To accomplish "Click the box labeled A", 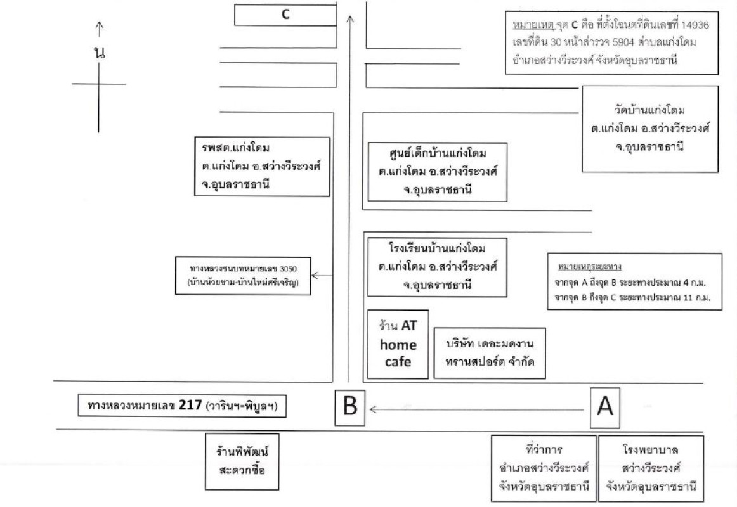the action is click(605, 408).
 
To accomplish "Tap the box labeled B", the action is click(349, 407).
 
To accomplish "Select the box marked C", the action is click(285, 15).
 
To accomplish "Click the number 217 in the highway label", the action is click(190, 405).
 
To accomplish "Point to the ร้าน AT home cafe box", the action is click(398, 344).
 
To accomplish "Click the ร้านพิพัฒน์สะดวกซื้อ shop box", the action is click(242, 461).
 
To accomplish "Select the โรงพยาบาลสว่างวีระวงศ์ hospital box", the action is click(651, 468).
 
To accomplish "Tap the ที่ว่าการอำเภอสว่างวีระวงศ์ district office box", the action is click(544, 468).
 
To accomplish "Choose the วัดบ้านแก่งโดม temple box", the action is click(650, 129).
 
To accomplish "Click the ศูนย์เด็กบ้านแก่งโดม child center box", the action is click(437, 172).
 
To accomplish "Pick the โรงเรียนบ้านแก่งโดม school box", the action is click(437, 267).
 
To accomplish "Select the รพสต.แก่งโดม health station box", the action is click(263, 166).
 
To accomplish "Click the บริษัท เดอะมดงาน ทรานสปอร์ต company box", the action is click(489, 353).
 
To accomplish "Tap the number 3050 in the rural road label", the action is click(288, 269).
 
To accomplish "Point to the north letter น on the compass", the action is click(99, 53).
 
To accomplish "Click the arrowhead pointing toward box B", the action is click(373, 409).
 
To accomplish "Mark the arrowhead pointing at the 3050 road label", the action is click(315, 276).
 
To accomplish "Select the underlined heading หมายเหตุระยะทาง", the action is click(589, 267).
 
